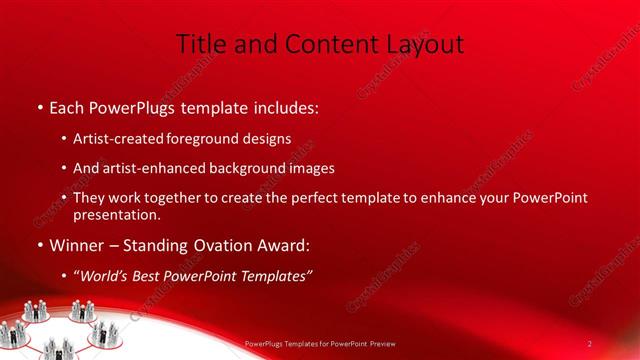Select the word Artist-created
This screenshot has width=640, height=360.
[x=113, y=138]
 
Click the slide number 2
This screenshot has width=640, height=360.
[x=590, y=343]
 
